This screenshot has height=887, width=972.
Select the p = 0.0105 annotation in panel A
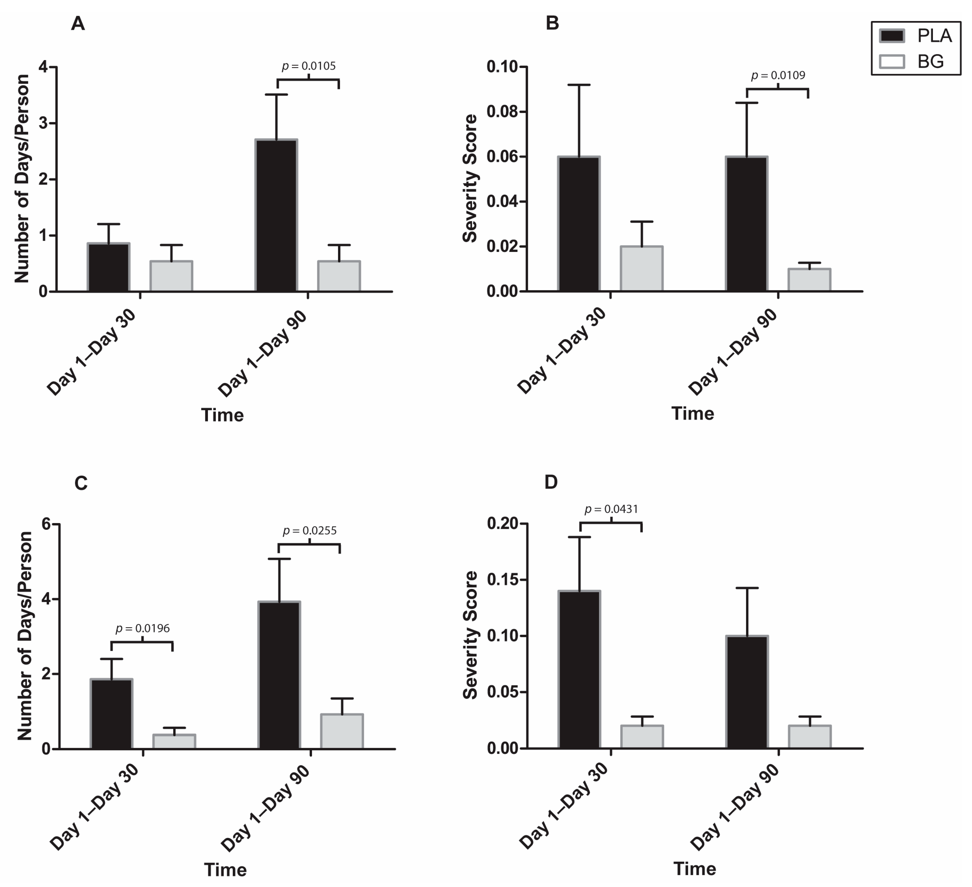[x=309, y=66]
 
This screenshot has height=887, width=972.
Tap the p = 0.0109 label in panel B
[x=778, y=75]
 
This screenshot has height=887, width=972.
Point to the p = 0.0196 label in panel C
[x=142, y=628]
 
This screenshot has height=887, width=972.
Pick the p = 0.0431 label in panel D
[x=611, y=509]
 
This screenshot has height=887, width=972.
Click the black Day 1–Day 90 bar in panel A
[x=276, y=216]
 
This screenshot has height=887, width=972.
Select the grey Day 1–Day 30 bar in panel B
[x=641, y=269]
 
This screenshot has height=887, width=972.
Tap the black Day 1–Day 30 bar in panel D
[x=579, y=670]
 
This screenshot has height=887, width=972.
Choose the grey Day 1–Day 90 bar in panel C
[x=342, y=732]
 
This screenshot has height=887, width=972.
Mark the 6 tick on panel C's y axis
[x=46, y=524]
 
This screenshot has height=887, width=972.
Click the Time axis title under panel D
[x=694, y=869]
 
